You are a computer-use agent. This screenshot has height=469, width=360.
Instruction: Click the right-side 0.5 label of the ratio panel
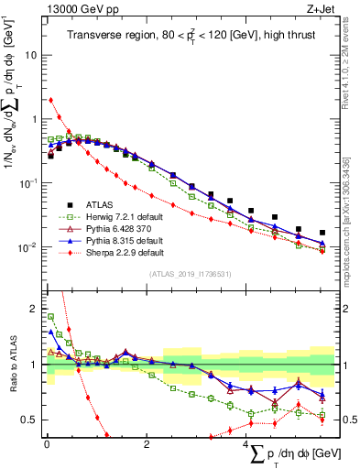point(346,420)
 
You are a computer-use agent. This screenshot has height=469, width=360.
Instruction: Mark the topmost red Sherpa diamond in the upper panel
point(50,100)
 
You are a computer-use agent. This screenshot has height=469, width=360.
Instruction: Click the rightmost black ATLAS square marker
point(322,233)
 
